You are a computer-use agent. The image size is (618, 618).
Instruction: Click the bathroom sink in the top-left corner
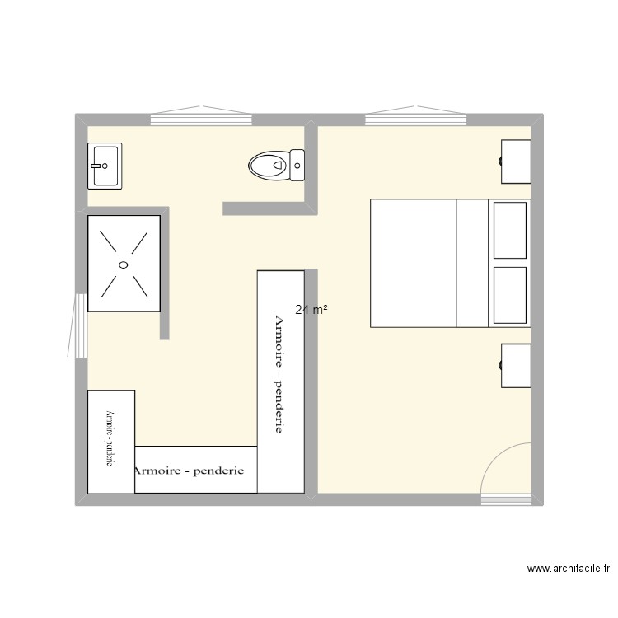tap(105, 165)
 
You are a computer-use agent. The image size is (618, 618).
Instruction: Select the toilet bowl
tap(266, 165)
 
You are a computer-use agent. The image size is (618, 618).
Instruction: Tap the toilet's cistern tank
tap(297, 165)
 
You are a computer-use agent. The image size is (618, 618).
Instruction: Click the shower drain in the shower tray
tap(123, 265)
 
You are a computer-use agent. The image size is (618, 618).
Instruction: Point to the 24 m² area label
tap(311, 310)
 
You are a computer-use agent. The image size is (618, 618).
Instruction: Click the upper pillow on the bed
tap(509, 231)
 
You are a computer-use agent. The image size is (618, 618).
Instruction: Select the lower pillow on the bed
tap(509, 295)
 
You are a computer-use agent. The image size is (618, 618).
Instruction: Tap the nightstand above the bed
tap(517, 161)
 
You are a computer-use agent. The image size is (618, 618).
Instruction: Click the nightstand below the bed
tap(517, 366)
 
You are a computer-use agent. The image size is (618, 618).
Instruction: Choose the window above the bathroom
tap(201, 119)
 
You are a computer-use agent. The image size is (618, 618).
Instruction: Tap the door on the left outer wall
tap(79, 325)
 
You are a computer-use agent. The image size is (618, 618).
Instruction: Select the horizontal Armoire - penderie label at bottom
tap(189, 471)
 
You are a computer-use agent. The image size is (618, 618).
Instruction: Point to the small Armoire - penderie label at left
tap(109, 440)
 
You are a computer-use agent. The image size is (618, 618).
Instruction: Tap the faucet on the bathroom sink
tap(96, 165)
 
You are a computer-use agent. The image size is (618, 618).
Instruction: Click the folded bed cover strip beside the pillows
tap(473, 263)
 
